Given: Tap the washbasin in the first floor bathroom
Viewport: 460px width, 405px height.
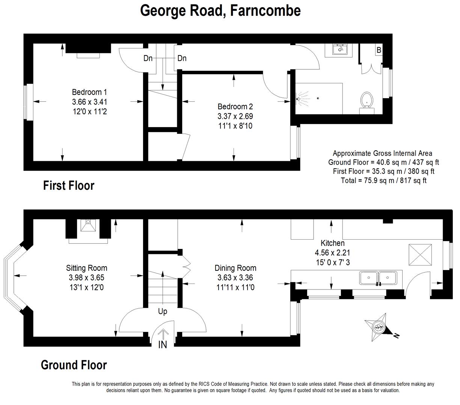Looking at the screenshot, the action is tap(340, 49).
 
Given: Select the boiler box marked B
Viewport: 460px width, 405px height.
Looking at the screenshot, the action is tap(379, 50).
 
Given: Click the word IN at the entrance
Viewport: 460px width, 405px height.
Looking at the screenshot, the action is tap(163, 345).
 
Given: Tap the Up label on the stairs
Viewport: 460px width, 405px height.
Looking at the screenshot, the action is tap(163, 312).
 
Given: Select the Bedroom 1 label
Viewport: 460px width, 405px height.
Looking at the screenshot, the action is tap(89, 92).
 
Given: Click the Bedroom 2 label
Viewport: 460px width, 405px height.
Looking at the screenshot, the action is tap(235, 106).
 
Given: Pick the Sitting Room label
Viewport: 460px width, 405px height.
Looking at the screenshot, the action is tap(86, 268).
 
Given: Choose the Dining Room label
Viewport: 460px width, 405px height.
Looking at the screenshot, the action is tap(235, 268).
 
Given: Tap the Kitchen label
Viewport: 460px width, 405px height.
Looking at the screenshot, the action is tap(333, 243).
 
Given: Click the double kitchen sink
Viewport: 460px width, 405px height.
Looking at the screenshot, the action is tap(378, 278).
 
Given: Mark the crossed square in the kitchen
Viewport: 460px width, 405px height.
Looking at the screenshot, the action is tap(420, 255).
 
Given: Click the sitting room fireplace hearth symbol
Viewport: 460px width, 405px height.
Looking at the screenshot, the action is tap(88, 225).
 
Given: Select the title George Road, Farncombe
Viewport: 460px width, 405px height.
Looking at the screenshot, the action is tap(220, 10).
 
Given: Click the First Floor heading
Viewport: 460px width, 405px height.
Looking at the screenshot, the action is tap(69, 186).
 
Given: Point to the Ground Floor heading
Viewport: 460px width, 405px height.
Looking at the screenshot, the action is tap(74, 365).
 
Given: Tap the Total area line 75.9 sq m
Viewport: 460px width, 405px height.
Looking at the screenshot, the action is tap(383, 180).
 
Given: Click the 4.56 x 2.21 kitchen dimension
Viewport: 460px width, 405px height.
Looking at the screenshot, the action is tap(332, 253).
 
